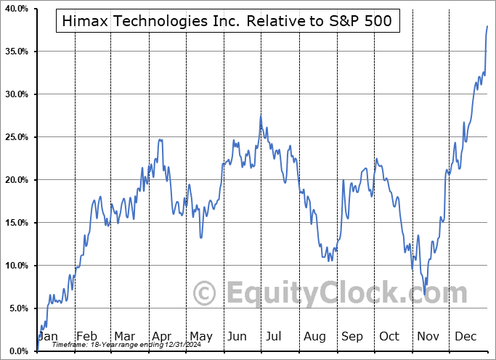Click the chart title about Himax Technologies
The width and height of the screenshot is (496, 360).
224,21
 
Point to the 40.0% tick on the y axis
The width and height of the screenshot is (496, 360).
16,9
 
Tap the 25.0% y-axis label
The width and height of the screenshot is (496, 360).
16,137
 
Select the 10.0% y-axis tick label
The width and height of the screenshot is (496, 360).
16,266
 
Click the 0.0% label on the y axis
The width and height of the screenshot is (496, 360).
17,351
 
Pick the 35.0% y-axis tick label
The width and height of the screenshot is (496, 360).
16,52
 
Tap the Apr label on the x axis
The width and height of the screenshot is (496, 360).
161,337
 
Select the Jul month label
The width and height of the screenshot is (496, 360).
275,337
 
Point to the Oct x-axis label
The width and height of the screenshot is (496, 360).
389,337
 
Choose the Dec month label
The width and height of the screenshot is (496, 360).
465,337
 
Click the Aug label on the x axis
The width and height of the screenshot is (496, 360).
314,337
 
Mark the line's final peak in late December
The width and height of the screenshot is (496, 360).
487,26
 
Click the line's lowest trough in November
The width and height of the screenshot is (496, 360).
426,285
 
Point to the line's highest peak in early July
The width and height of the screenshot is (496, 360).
261,116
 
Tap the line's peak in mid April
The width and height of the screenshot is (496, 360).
160,139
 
